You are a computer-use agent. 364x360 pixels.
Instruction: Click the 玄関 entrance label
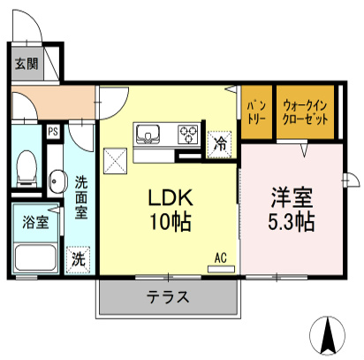(25, 64)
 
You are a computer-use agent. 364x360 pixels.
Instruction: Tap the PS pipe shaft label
(53, 133)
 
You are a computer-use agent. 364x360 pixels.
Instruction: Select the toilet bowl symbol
(27, 165)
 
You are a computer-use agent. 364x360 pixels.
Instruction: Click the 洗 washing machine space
(79, 259)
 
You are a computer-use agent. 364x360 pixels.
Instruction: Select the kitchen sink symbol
(147, 134)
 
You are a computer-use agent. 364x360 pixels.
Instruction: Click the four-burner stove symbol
(188, 134)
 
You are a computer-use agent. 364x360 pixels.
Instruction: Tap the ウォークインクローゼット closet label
(305, 113)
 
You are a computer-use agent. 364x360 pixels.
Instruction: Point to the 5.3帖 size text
(291, 221)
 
